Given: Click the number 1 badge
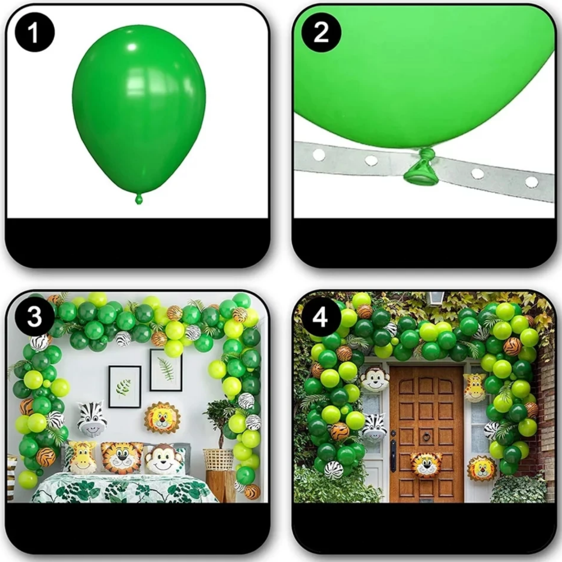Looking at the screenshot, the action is pos(35,33).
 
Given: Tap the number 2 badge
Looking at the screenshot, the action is pos(321,33).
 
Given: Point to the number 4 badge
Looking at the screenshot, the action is pos(320,317).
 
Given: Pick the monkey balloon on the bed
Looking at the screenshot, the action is pos(163,459).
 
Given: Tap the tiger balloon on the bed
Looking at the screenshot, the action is pos(121,458).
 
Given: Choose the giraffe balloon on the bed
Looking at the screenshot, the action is pos(81,457).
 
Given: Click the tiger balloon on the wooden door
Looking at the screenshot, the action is pos(426,465).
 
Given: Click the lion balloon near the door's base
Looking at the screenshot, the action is pos(482,468).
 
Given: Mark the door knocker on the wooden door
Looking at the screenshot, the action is pos(427,436).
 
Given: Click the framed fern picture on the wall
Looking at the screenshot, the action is pos(166,370).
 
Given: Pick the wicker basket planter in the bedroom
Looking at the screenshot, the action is pos(218,459).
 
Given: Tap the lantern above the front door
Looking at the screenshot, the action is pos(435,297).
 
